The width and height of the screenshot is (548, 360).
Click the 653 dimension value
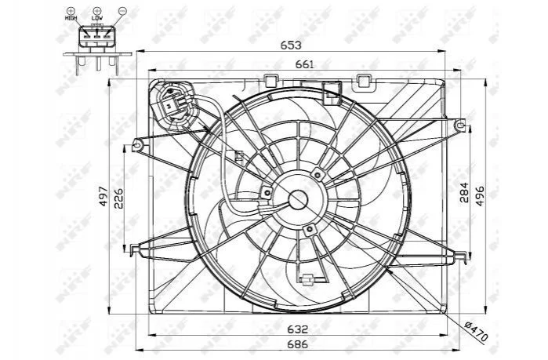(x=291, y=45)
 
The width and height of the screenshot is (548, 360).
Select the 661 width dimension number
(x=305, y=64)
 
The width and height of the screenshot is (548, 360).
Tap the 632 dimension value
(x=298, y=329)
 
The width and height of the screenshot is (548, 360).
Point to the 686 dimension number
(x=298, y=344)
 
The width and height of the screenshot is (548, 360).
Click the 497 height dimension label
(x=103, y=196)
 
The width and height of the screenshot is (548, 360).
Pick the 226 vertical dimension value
(x=119, y=198)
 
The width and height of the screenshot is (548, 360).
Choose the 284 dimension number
(x=464, y=193)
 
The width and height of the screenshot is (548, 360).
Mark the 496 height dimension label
(x=480, y=196)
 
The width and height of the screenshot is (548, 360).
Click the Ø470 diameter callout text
(x=475, y=331)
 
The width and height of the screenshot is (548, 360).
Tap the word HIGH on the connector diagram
(x=71, y=17)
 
